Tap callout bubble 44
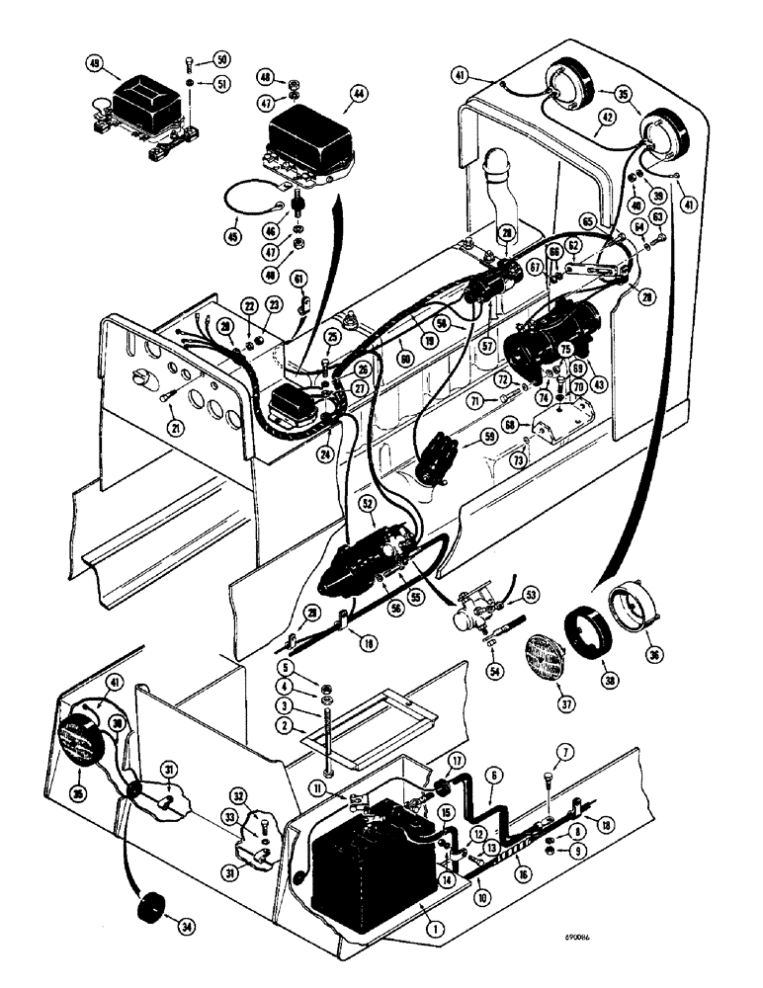[x=357, y=97]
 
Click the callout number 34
[x=181, y=926]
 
